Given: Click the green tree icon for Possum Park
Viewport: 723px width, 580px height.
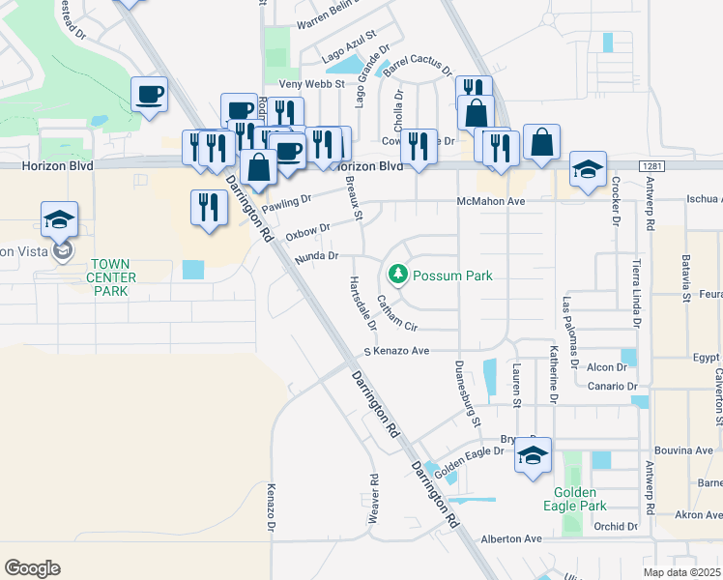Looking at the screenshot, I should [396, 275].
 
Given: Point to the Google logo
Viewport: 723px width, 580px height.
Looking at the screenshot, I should [32, 567].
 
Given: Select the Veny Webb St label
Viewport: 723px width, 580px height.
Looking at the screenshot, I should [310, 85].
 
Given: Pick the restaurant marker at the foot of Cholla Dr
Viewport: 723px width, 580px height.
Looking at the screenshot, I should [419, 147].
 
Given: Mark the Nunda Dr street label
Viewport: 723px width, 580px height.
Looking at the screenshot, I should [317, 256].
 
